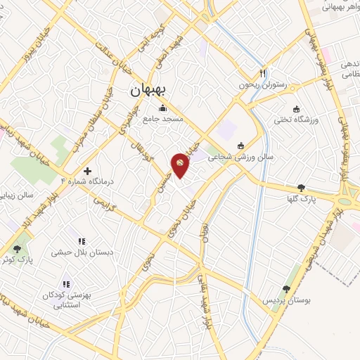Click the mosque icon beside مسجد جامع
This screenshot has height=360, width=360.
click(163, 108)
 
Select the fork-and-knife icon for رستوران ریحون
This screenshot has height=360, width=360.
click(262, 72)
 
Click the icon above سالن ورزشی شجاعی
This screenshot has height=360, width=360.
click(241, 146)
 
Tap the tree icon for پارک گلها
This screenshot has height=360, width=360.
click(302, 188)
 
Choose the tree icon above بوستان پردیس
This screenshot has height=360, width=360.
click(286, 289)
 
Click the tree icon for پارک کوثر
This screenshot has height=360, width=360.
click(17, 249)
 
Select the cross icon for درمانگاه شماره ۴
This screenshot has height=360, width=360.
click(87, 171)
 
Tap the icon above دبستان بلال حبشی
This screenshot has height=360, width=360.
click(82, 241)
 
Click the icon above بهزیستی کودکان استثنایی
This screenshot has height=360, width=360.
click(66, 284)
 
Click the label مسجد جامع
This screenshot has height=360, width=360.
click(163, 119)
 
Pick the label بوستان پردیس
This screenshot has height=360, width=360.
click(286, 300)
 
